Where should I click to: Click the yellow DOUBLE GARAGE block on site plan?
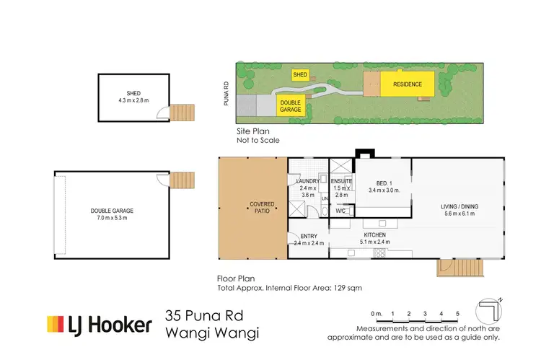(291, 106)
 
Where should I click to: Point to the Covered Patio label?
(253, 208)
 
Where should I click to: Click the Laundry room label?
(307, 181)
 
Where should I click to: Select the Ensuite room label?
(342, 181)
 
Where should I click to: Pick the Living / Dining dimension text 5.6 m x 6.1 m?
(460, 214)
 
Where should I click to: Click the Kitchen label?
(374, 235)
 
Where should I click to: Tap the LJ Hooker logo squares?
(58, 325)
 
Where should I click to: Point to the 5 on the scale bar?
(457, 313)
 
